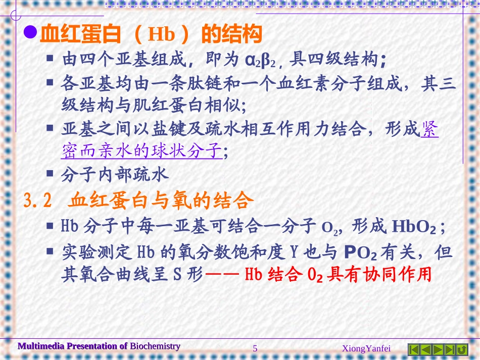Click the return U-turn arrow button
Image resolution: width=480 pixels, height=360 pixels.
(x=462, y=349)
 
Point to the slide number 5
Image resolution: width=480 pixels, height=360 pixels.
(x=255, y=348)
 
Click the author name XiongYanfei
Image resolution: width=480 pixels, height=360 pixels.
(x=366, y=348)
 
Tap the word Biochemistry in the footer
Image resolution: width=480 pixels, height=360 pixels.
(x=155, y=346)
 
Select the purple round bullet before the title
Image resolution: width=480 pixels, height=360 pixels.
(x=31, y=33)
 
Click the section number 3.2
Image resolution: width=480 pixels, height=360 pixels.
(x=38, y=201)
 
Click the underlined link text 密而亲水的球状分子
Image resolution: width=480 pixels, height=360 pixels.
(x=141, y=150)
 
